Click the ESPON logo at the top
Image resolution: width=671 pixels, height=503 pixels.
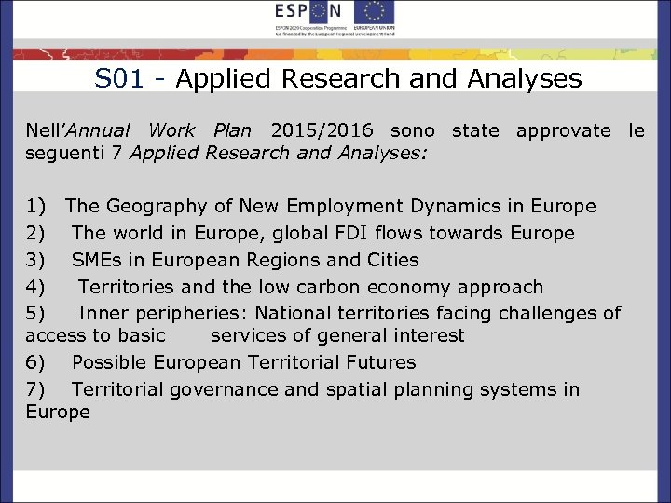(309, 12)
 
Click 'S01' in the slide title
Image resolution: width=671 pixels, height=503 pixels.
(119, 79)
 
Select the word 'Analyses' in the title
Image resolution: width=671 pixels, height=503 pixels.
(534, 79)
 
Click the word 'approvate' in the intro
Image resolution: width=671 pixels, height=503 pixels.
(563, 130)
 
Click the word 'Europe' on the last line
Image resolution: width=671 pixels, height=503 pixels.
(58, 412)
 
